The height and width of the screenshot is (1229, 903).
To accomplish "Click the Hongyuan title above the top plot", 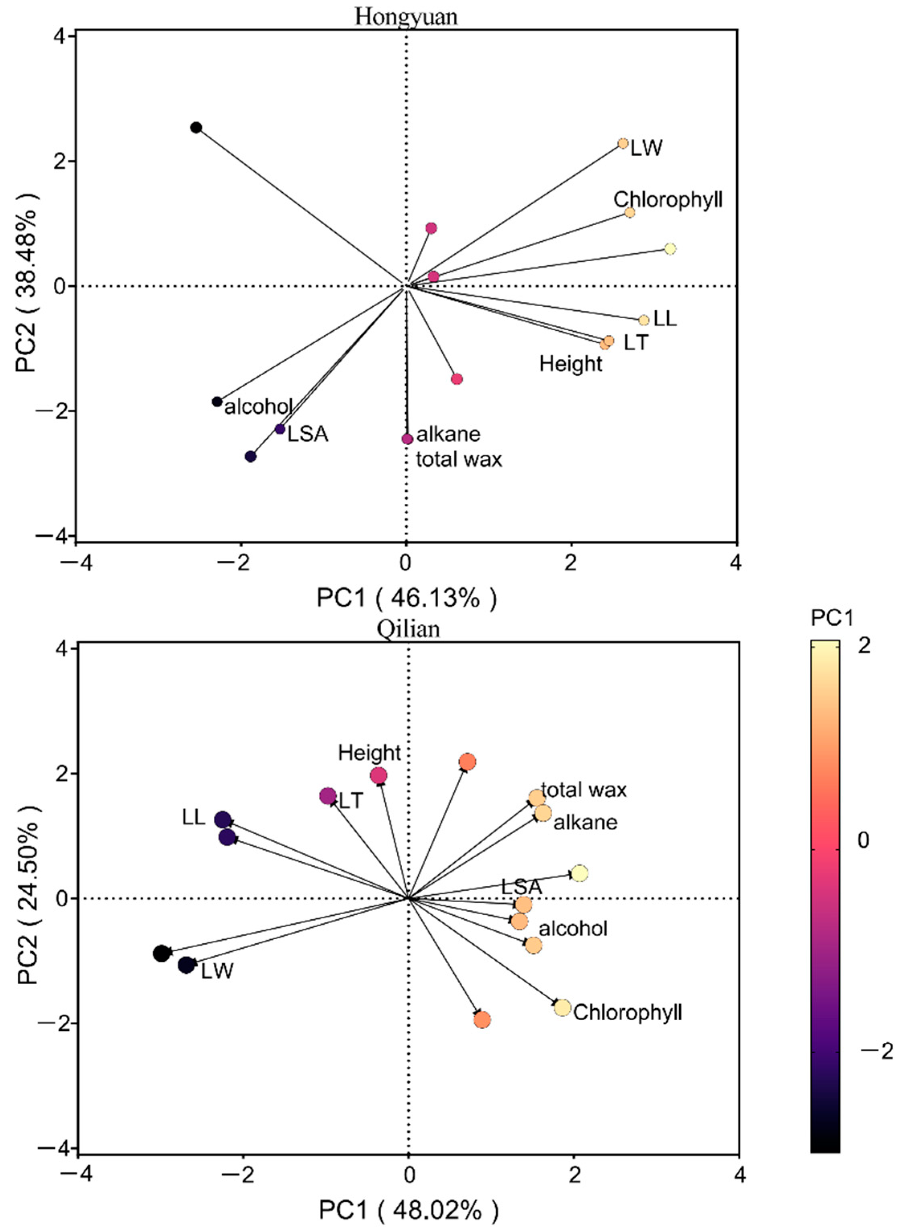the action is pos(406,16).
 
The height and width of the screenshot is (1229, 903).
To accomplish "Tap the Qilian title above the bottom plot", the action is pos(408,629).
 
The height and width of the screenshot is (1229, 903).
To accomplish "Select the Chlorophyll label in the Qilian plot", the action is pos(627,1012).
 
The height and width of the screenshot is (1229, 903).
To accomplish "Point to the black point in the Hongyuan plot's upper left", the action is pos(196,128).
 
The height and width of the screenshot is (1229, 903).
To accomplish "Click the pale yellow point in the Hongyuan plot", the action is pos(670,249).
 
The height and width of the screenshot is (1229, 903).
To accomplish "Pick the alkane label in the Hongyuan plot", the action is pos(448,434).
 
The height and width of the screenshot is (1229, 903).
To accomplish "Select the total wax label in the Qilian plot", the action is pos(584,790).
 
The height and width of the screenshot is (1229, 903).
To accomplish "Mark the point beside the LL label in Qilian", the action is pos(223,820).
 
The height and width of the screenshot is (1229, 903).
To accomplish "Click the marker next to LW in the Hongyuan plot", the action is pos(623,144).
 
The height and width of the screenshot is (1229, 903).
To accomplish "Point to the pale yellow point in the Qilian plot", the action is pos(579,873).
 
